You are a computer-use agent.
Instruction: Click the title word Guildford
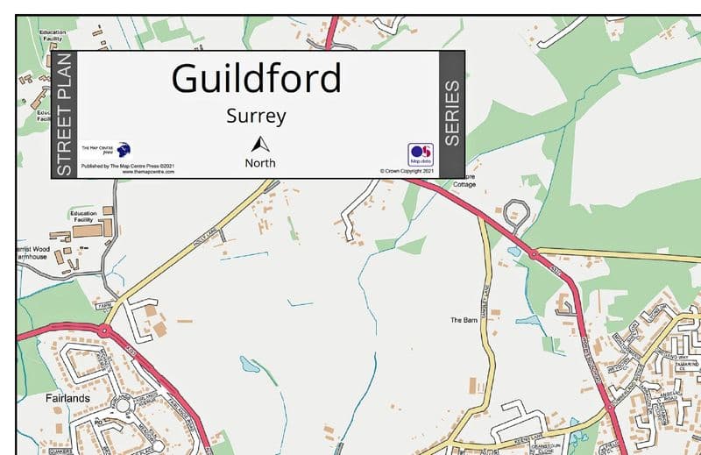(x=256, y=79)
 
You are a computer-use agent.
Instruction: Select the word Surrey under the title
(x=256, y=116)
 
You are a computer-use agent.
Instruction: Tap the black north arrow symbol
(x=258, y=144)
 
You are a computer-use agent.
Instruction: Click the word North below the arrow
(x=259, y=163)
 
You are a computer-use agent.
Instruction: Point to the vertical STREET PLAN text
(x=64, y=115)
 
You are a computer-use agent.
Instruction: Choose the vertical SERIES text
(x=451, y=114)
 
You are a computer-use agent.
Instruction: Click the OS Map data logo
(x=420, y=153)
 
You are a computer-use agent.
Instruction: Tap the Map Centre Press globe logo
(x=123, y=149)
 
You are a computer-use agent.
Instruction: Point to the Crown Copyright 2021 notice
(x=407, y=171)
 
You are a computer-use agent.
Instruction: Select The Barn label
(x=464, y=320)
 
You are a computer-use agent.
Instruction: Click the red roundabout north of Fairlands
(x=104, y=331)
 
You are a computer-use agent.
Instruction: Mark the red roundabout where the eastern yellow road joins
(x=533, y=255)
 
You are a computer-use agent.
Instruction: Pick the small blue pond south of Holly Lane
(x=250, y=364)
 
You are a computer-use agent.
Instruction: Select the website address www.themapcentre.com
(x=148, y=172)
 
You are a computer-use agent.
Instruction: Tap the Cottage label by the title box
(x=464, y=186)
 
